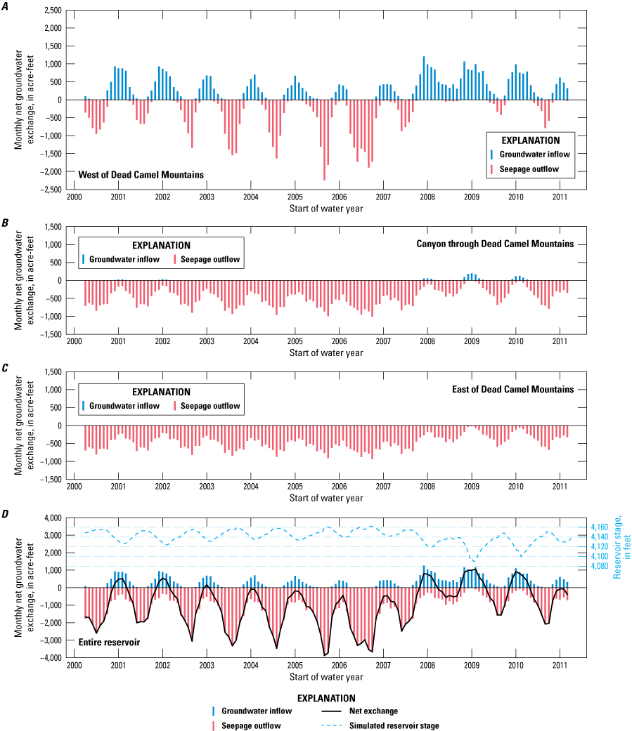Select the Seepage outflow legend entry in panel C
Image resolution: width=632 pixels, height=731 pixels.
point(209,406)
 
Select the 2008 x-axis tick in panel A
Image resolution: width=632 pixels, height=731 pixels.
point(427,197)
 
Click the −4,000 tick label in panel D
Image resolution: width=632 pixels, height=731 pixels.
point(51,658)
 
